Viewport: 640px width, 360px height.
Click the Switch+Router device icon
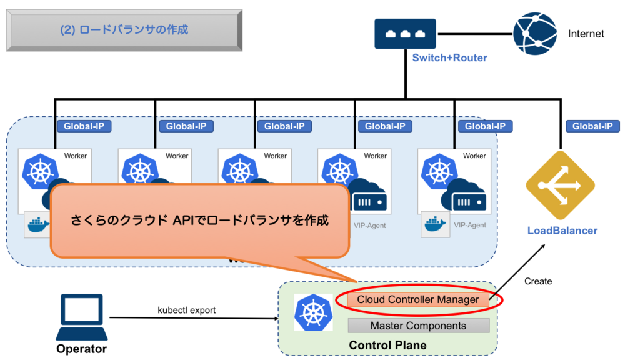pos(405,34)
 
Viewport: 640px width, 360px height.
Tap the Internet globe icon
pos(534,34)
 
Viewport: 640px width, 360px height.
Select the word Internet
pos(586,34)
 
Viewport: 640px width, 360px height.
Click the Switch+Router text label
pos(449,58)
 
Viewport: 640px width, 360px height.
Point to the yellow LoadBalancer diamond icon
pos(560,185)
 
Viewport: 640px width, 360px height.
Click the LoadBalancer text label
pos(562,231)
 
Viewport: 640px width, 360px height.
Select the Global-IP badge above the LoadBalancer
pos(592,126)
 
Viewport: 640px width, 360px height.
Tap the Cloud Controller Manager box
pos(417,300)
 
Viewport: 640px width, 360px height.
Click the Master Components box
pos(418,326)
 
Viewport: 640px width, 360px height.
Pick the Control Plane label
pos(387,345)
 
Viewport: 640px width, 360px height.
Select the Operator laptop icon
pos(81,317)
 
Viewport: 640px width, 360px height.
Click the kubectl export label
pos(186,310)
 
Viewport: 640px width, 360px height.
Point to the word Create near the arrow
pos(538,281)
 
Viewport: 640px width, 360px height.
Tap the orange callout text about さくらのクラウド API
pos(199,221)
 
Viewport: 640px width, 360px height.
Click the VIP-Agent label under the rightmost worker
pos(469,225)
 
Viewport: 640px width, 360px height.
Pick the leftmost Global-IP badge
pos(84,126)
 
